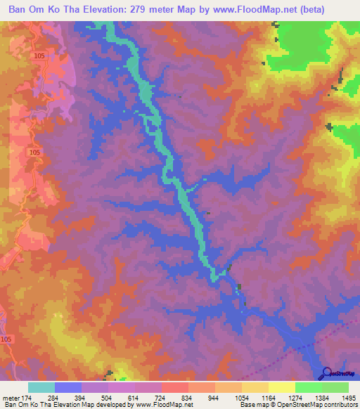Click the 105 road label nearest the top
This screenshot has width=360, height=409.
pos(39,56)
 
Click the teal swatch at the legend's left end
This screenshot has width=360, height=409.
pos(41,388)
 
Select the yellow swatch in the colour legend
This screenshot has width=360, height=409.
pos(281,388)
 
